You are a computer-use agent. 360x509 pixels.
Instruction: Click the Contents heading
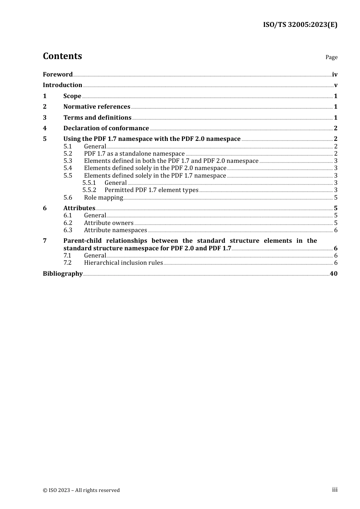coord(62,56)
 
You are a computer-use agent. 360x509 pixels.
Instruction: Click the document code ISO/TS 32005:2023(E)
coord(300,25)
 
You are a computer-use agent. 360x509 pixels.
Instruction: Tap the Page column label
coord(331,57)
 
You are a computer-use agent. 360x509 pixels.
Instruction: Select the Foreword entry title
coord(58,75)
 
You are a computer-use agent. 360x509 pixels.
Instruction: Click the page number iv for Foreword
coord(334,75)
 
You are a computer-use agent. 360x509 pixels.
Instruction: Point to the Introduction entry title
coord(63,85)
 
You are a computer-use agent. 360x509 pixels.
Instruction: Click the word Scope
coord(72,96)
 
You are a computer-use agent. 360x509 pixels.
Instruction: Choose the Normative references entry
coord(97,107)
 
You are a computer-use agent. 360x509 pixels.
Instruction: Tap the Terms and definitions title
coord(97,118)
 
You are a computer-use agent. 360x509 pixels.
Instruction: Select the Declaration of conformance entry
coord(106,128)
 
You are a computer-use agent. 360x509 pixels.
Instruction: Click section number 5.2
coord(68,154)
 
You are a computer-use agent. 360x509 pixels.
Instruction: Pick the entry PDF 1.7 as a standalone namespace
coord(134,154)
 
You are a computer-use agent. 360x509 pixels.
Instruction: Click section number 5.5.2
coord(89,190)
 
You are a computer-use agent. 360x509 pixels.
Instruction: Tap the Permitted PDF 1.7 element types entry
coord(151,190)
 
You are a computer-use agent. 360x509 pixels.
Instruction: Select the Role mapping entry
coord(103,198)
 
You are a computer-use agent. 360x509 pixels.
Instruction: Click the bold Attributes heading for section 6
coord(79,208)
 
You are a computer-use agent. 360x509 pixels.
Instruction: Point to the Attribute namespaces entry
coord(115,230)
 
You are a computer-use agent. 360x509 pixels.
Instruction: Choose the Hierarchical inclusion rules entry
coord(123,263)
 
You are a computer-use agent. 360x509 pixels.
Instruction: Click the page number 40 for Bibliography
coord(333,274)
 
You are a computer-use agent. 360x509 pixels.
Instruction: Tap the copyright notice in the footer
coord(81,490)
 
